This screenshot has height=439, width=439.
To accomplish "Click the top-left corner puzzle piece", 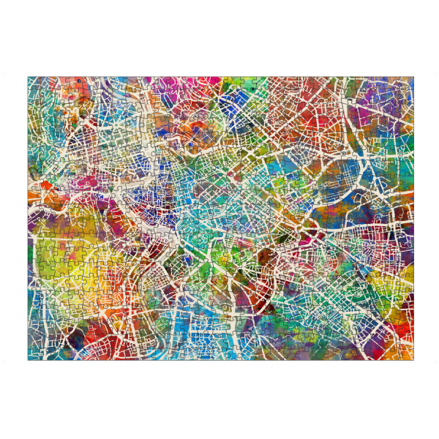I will point(34,83).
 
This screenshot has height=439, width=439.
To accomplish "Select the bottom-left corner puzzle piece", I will point(34,354).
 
